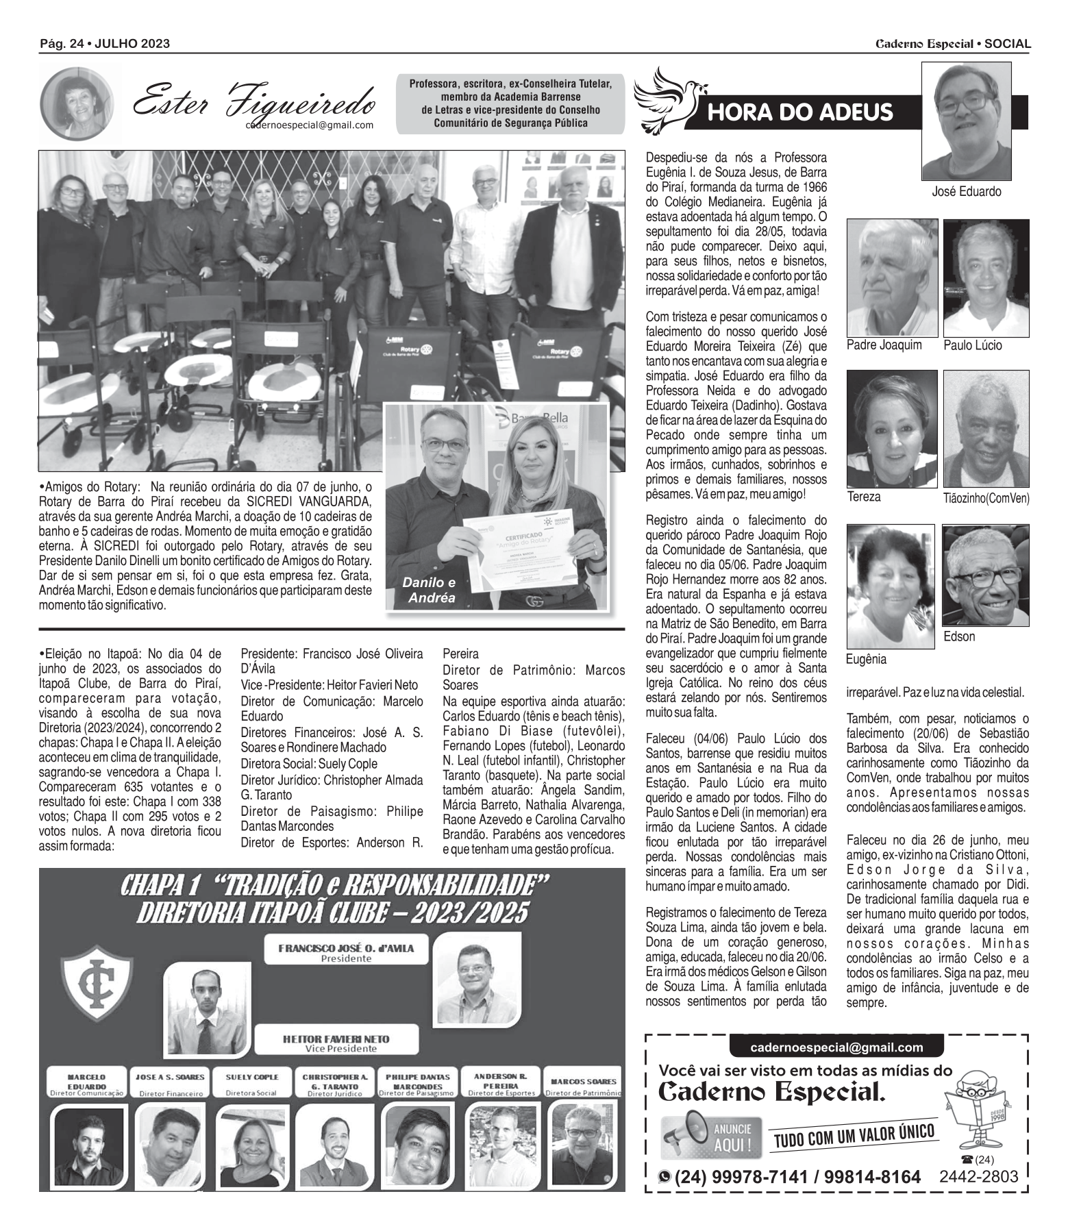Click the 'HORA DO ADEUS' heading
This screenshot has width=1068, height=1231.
pyautogui.click(x=799, y=112)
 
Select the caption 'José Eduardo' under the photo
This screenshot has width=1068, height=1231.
pyautogui.click(x=966, y=192)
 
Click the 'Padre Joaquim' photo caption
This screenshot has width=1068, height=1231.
pyautogui.click(x=884, y=345)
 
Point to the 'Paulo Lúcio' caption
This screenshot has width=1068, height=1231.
pyautogui.click(x=972, y=345)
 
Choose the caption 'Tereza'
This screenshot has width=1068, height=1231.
pyautogui.click(x=864, y=497)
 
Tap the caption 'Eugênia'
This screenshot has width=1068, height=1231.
pyautogui.click(x=866, y=659)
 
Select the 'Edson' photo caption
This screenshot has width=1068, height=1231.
pyautogui.click(x=959, y=636)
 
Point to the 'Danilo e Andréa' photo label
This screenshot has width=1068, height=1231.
pyautogui.click(x=428, y=590)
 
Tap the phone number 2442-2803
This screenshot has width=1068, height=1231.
pyautogui.click(x=978, y=1176)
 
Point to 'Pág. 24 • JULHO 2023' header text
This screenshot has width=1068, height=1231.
pyautogui.click(x=105, y=44)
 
